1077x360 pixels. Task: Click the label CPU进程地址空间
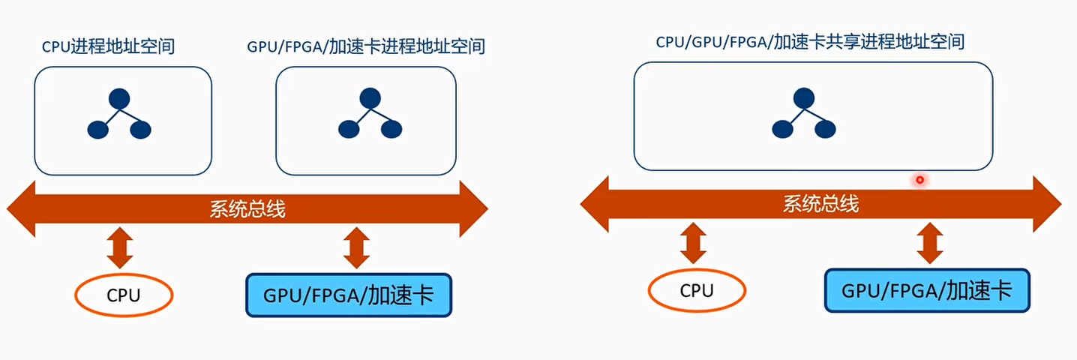(x=108, y=46)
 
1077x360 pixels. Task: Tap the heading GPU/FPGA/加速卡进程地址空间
(x=366, y=46)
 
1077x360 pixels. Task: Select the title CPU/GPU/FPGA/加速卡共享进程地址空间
(x=810, y=42)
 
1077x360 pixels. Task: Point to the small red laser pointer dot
(x=919, y=180)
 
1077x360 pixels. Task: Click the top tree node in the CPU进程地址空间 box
(x=119, y=99)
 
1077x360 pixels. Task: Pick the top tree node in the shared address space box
(x=804, y=97)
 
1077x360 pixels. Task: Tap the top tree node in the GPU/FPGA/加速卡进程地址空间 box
(x=369, y=98)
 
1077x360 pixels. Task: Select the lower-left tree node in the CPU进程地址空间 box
(x=98, y=130)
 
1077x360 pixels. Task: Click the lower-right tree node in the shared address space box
(x=825, y=129)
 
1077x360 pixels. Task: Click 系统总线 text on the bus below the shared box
(x=820, y=203)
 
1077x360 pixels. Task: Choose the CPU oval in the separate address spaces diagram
(x=124, y=295)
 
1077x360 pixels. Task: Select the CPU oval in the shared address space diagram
(x=697, y=290)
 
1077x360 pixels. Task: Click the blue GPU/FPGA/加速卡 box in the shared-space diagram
(x=927, y=290)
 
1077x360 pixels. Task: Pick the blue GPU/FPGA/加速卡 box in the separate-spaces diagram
(x=349, y=295)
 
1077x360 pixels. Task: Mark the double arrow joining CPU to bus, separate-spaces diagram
(x=119, y=248)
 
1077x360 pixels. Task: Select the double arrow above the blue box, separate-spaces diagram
(x=356, y=248)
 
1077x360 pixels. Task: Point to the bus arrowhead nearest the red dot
(x=1045, y=204)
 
